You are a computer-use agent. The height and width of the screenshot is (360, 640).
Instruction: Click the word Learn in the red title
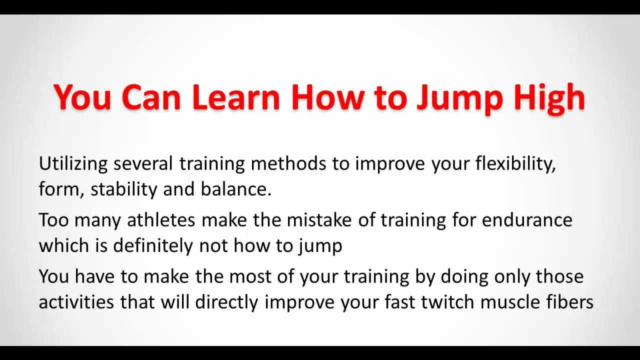235,97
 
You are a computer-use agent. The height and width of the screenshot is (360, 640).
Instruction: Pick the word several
143,164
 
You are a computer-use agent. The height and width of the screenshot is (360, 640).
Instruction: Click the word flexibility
516,164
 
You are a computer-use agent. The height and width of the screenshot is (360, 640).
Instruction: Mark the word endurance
527,220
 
